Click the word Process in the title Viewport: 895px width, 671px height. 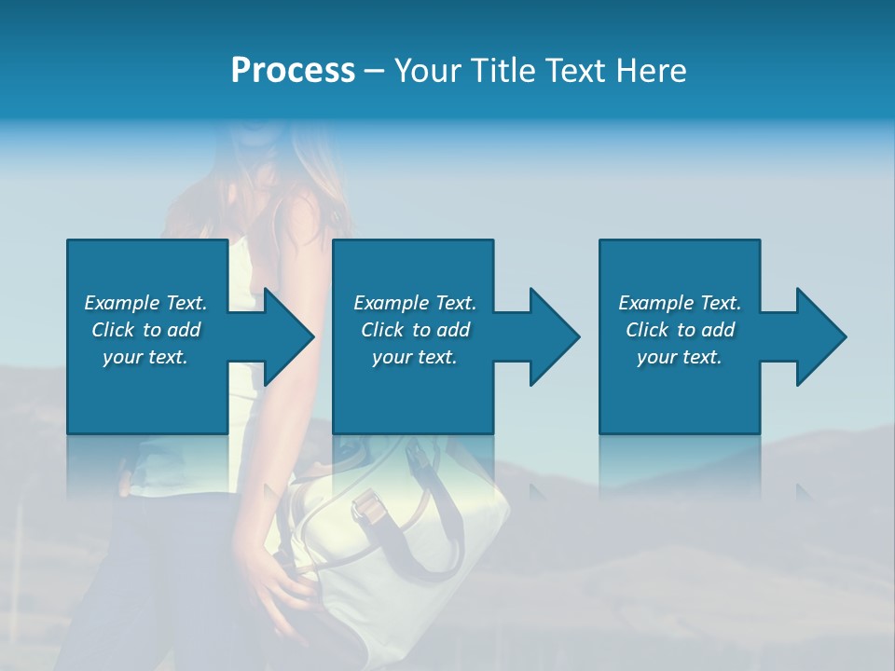[x=293, y=71]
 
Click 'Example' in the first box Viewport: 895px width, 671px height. [x=121, y=303]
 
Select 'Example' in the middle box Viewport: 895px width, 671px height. [x=391, y=303]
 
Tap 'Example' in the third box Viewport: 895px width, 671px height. [x=655, y=303]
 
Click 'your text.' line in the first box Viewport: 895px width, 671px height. [x=145, y=357]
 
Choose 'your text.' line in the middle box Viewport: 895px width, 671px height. [x=414, y=357]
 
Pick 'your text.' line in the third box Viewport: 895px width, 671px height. [x=680, y=357]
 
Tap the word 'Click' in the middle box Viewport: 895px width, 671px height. [x=382, y=330]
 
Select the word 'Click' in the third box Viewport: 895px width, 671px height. [x=647, y=330]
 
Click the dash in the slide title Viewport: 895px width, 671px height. [x=374, y=71]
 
